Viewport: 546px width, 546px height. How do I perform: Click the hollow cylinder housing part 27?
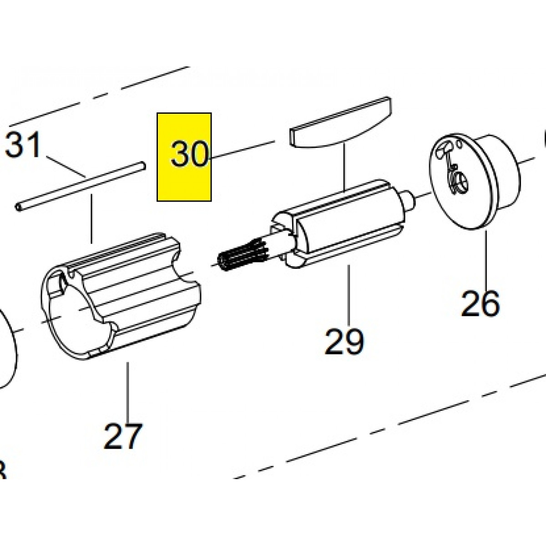tap(123, 296)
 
